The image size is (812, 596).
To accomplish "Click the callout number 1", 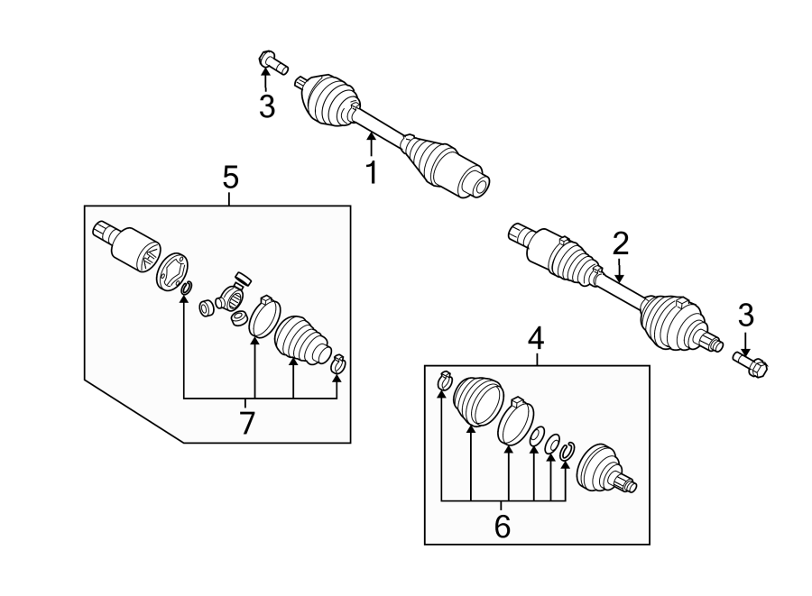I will click(370, 171).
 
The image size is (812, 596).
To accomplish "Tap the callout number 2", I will click(620, 243).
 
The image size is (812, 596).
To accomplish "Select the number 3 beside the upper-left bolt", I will click(267, 107).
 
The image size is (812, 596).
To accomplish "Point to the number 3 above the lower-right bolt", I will click(746, 316).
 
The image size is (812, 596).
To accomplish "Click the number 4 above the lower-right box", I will click(536, 339).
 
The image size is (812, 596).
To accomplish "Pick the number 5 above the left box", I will click(230, 178).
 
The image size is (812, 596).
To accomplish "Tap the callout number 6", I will click(503, 527).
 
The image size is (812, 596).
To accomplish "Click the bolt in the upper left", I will click(272, 62).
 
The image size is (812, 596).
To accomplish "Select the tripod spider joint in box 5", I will click(233, 293).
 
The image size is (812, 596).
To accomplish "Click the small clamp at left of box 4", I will click(443, 381).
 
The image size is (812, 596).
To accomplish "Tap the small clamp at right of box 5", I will click(338, 364).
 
